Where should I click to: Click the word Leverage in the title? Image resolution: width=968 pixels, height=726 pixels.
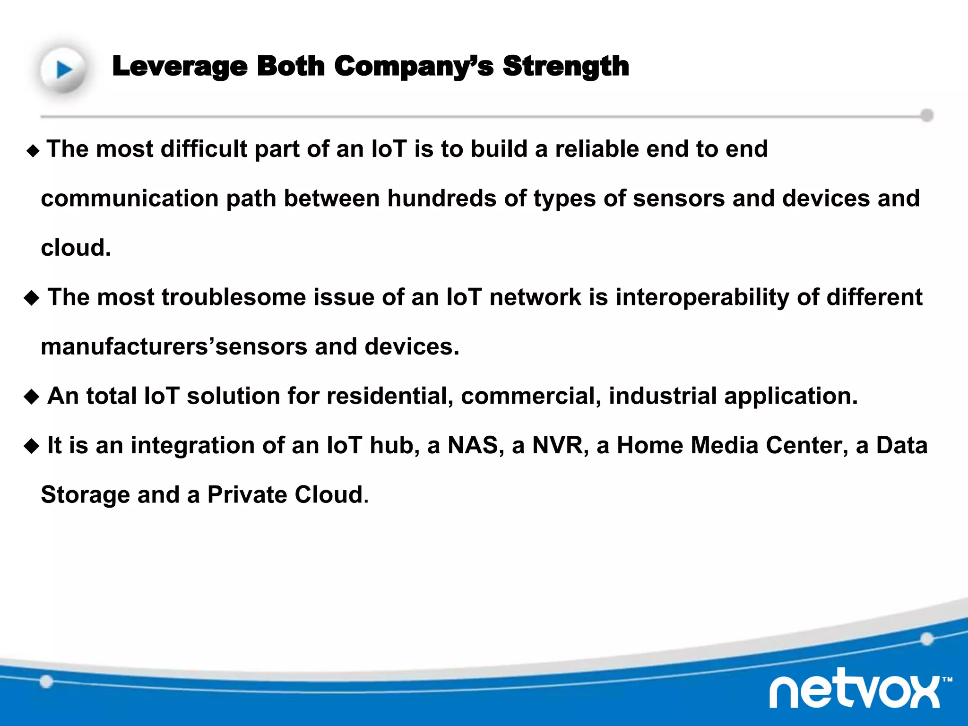coord(180,66)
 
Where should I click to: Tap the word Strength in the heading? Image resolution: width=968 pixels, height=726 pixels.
coord(566,66)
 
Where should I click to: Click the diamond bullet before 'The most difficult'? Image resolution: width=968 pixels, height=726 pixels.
coord(33,151)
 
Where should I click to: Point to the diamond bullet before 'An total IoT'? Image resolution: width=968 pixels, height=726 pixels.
coord(32,397)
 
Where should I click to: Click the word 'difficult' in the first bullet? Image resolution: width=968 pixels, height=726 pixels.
coord(204,149)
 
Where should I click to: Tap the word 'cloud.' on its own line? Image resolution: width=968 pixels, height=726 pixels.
coord(76,248)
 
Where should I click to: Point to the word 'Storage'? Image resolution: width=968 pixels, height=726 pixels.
coord(85,495)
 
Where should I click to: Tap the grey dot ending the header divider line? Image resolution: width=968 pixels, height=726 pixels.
coord(927,115)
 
